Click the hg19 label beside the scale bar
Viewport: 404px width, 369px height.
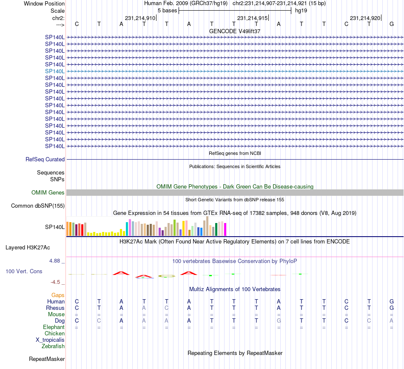point(301,10)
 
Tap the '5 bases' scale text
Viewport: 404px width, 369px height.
point(167,10)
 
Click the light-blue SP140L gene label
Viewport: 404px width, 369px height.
point(55,71)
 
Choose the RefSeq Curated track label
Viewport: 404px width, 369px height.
point(45,160)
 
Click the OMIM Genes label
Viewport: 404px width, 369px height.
point(48,193)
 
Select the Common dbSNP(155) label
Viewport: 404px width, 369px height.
point(38,206)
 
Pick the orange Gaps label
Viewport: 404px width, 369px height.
point(58,295)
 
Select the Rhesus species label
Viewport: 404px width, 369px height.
point(55,308)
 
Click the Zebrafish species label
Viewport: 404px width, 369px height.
point(53,346)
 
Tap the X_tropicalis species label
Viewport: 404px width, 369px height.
point(50,340)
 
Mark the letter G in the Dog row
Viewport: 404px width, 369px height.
point(279,320)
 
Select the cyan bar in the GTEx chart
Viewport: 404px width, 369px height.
point(127,229)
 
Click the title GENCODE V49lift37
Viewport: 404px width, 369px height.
point(235,31)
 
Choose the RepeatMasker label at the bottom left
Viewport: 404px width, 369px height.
point(46,359)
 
